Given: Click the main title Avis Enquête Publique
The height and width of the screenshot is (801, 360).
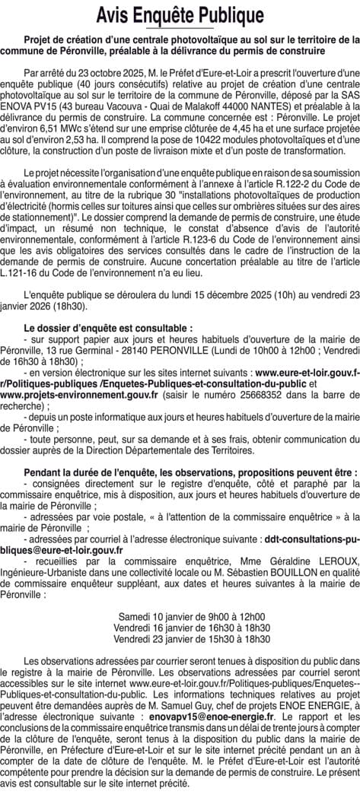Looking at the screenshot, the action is tap(180, 16).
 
